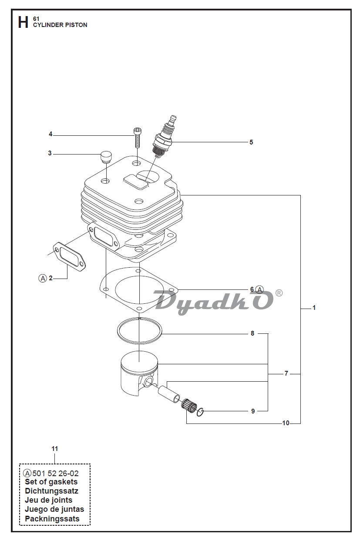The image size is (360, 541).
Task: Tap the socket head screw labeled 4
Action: point(137,138)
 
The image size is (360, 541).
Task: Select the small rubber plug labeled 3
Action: point(106,157)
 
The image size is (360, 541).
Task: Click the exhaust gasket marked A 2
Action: point(69,256)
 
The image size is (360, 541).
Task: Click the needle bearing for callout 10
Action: point(188,407)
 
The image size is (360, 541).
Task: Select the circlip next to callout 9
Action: point(200,412)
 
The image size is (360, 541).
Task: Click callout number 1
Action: point(314,308)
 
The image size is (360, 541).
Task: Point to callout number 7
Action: point(286,373)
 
